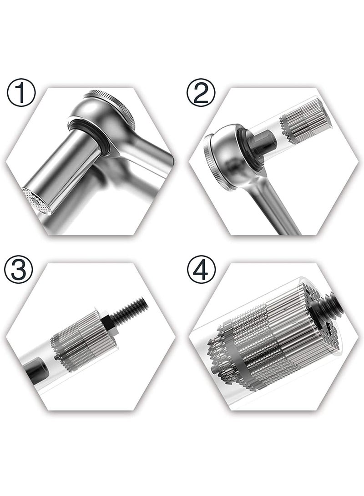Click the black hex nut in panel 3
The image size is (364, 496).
pyautogui.click(x=108, y=323)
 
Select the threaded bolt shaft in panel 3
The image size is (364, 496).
pyautogui.click(x=130, y=309)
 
